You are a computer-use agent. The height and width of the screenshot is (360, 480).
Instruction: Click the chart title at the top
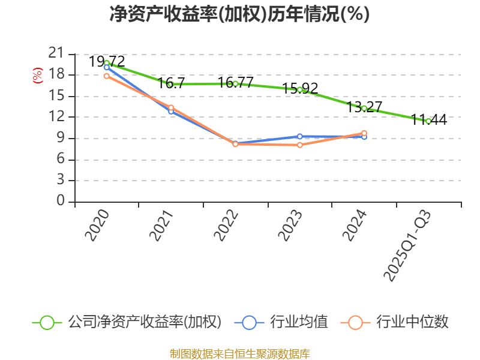click(x=239, y=14)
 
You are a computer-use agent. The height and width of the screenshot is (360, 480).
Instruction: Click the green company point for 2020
click(x=107, y=63)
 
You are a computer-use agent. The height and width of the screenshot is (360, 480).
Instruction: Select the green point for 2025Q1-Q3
click(x=428, y=121)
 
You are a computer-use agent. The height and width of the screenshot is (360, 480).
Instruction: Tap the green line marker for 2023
click(x=299, y=89)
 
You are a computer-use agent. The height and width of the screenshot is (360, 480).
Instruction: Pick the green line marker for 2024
click(x=364, y=108)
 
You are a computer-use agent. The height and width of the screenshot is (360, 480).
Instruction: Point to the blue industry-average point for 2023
click(x=299, y=136)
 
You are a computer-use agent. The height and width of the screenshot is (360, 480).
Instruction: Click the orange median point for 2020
click(x=107, y=76)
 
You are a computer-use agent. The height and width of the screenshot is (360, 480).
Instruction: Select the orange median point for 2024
click(x=364, y=133)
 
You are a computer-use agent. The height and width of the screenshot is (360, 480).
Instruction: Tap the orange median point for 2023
click(x=299, y=145)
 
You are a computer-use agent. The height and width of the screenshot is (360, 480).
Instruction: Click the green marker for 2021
click(x=171, y=85)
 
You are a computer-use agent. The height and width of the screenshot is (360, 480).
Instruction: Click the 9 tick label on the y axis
click(x=61, y=138)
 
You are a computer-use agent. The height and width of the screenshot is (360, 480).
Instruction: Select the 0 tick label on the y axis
click(x=61, y=201)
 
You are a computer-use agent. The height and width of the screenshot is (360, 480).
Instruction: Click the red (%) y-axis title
click(x=38, y=76)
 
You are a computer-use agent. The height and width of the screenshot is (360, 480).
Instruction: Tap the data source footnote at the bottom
click(x=239, y=353)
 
